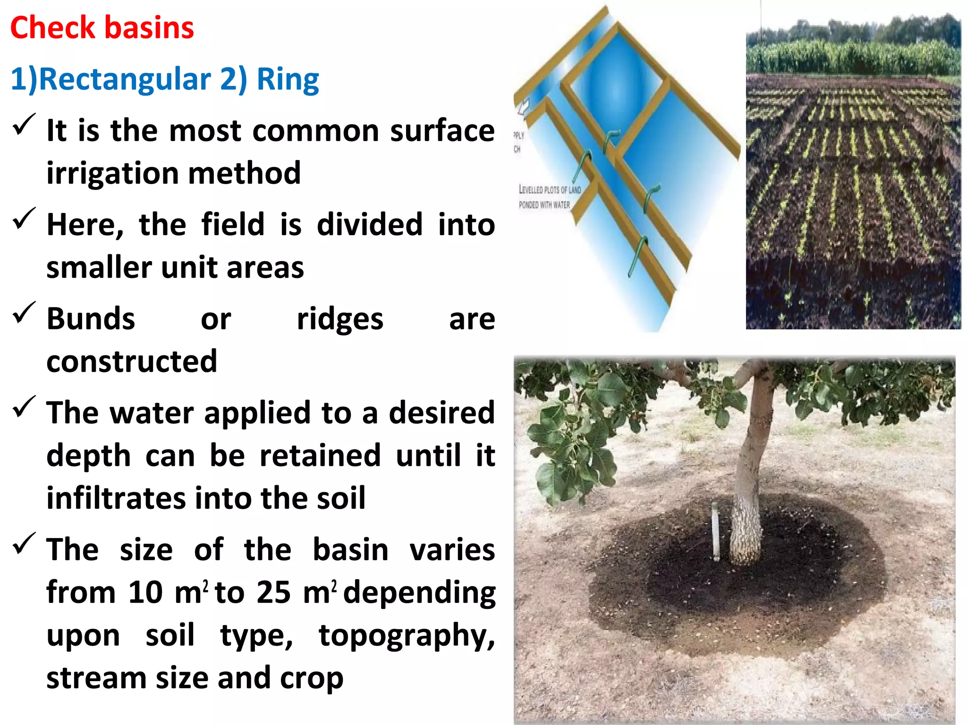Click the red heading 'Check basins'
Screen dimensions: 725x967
(102, 27)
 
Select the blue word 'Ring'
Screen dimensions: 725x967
(288, 79)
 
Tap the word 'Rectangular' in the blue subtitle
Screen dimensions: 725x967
(125, 79)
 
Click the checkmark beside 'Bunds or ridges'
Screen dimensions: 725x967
(24, 313)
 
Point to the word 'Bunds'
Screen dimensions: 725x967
(91, 319)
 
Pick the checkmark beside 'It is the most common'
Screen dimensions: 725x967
(24, 125)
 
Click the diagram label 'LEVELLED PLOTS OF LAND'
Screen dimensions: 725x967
(550, 190)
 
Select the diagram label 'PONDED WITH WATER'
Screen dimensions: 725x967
(544, 205)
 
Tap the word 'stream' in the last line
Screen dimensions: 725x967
(97, 678)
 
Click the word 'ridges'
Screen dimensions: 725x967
(340, 319)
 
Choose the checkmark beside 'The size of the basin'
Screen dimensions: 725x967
(24, 544)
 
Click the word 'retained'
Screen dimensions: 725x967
(320, 455)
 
